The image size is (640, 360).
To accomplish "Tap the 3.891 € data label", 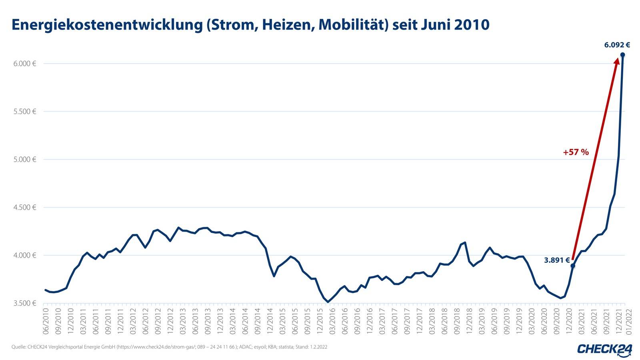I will [x=556, y=260].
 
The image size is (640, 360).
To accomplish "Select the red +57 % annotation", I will [x=576, y=152].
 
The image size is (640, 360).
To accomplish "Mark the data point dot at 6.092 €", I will [x=622, y=55].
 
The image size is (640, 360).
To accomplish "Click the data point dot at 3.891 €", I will [x=572, y=266].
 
